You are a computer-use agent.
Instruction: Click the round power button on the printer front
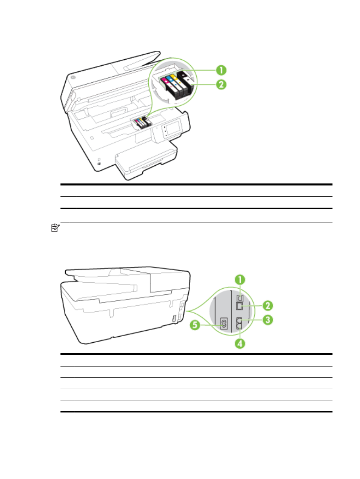pos(99,164)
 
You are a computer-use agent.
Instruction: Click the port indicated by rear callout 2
pos(239,306)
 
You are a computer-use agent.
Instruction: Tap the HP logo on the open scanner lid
pos(73,77)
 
